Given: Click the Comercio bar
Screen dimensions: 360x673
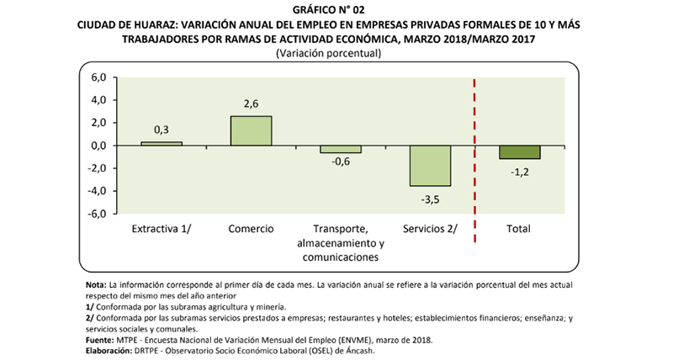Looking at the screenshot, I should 251,130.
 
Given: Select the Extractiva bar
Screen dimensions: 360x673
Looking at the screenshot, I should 162,143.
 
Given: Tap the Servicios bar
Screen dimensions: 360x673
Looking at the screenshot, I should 430,166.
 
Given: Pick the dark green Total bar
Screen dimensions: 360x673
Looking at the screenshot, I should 519,152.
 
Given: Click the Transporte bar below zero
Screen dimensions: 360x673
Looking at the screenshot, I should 341,149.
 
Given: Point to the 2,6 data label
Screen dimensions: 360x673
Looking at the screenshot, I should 251,104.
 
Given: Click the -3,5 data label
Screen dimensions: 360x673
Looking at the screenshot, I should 430,199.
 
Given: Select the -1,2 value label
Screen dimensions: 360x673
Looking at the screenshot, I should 519,172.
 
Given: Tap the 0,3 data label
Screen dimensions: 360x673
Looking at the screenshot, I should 162,130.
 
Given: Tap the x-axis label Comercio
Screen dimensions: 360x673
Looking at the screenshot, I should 251,229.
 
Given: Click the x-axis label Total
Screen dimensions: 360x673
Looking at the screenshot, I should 519,229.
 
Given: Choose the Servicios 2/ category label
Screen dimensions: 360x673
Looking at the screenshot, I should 430,229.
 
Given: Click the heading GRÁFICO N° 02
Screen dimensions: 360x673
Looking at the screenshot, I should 336,10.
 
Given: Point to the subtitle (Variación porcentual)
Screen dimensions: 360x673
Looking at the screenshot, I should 336,53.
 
